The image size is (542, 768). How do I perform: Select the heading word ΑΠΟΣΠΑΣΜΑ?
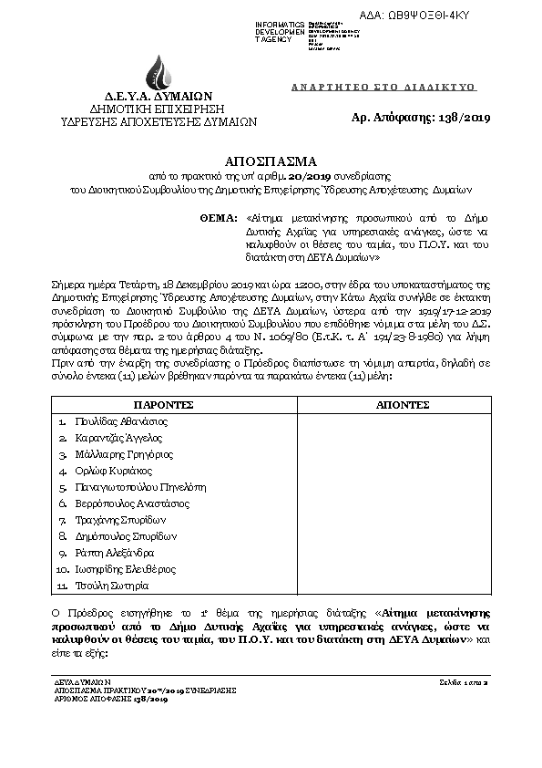[271, 156]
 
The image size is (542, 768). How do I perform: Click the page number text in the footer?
[465, 681]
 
